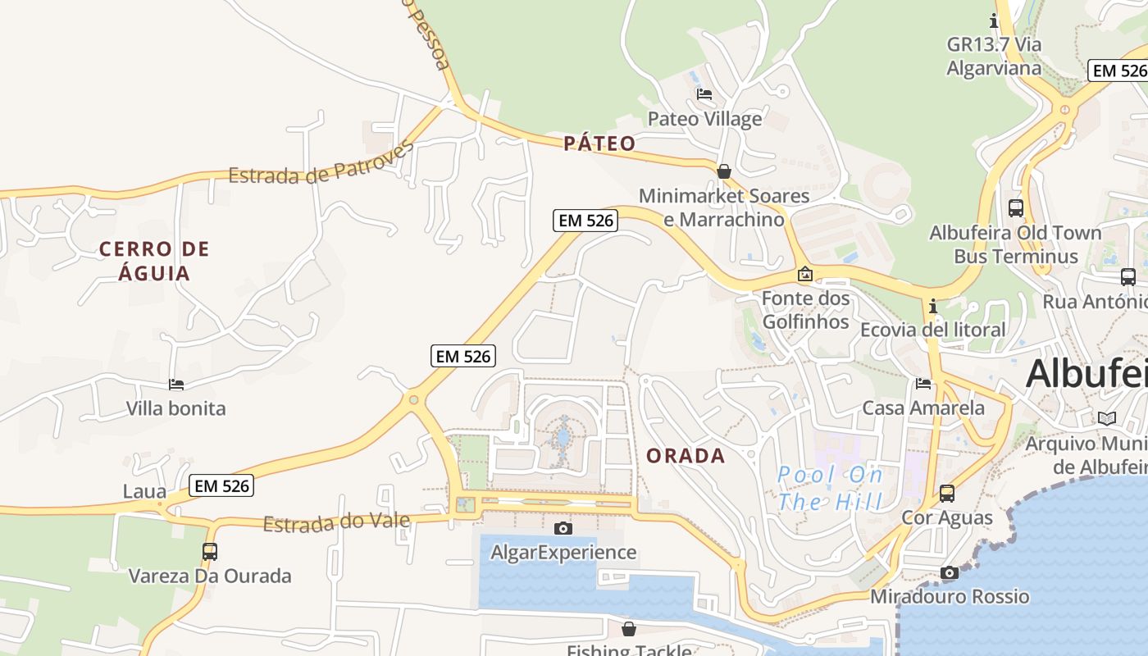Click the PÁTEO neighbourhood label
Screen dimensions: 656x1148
[599, 143]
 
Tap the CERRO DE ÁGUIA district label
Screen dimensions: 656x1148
[154, 261]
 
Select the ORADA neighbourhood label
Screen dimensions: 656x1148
[686, 456]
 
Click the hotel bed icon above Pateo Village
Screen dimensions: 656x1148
[704, 94]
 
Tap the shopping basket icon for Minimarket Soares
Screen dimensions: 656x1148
[724, 171]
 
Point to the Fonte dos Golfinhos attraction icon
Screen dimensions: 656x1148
[805, 274]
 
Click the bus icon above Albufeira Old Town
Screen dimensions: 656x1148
[1016, 208]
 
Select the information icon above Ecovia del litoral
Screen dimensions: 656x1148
[933, 306]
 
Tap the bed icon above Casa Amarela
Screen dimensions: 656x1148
[923, 383]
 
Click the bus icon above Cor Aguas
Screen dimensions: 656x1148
[947, 493]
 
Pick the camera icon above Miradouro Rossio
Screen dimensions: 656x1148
[950, 572]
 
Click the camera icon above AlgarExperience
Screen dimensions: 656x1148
[563, 528]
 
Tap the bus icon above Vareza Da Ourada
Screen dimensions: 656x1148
[210, 552]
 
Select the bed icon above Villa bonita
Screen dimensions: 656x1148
[176, 384]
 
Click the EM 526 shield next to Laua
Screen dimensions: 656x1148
[221, 485]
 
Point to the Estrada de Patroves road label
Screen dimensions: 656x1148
[321, 164]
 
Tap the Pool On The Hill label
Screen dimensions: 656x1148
[830, 488]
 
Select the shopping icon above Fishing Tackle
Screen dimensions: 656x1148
[629, 629]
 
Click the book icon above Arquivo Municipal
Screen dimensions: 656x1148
[1107, 419]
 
